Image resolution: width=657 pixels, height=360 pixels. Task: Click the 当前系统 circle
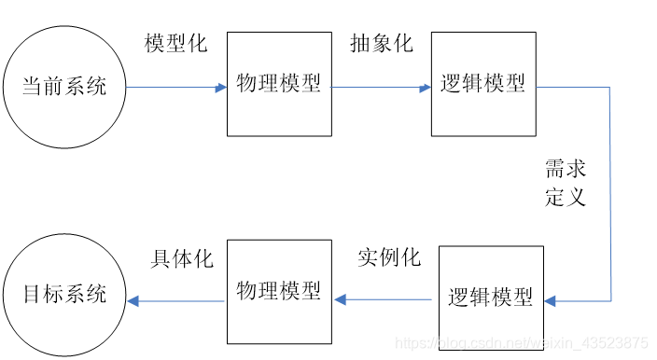[x=64, y=88]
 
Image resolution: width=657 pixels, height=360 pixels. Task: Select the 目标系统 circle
[x=64, y=296]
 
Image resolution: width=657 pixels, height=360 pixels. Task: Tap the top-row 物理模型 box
[x=278, y=84]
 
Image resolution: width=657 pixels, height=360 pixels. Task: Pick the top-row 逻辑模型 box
[x=482, y=84]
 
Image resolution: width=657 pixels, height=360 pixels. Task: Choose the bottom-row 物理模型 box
[x=278, y=290]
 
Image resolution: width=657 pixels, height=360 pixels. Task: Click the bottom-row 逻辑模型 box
[x=490, y=298]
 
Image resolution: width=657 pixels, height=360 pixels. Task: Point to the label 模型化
[x=176, y=44]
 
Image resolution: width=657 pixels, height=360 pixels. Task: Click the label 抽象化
[x=381, y=44]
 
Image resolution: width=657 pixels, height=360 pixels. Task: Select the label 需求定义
[x=566, y=183]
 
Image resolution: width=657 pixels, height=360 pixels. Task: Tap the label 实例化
[x=389, y=257]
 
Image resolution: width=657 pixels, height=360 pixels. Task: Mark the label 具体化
[x=182, y=259]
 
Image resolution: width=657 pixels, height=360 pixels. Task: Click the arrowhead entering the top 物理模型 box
[x=221, y=88]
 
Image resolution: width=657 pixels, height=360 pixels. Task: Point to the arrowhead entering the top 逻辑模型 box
[x=426, y=88]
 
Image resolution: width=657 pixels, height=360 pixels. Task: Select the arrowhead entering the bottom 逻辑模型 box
[x=551, y=301]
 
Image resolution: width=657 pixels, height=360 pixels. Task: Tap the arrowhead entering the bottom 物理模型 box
[x=341, y=300]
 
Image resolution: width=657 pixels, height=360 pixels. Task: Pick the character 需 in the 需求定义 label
[x=555, y=170]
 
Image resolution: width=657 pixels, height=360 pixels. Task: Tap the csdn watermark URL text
[x=523, y=343]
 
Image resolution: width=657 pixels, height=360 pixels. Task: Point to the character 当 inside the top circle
[x=33, y=88]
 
